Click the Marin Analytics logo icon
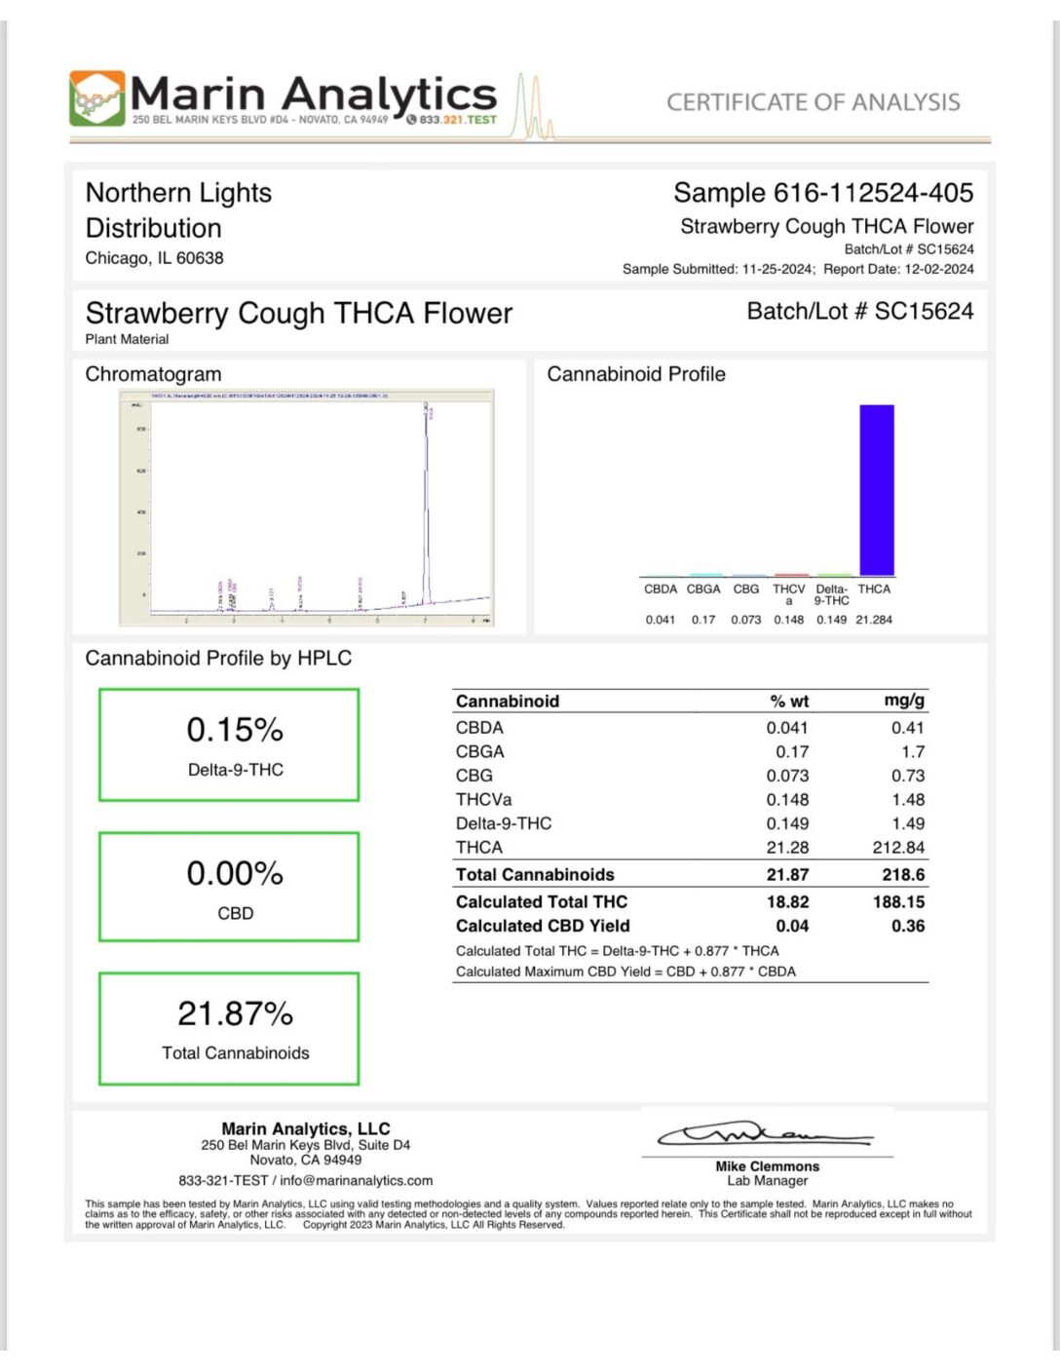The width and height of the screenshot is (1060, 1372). [96, 97]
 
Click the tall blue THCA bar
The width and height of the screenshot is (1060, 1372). [876, 489]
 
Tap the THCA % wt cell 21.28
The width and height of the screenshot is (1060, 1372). [787, 848]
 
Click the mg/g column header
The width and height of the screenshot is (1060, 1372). [904, 701]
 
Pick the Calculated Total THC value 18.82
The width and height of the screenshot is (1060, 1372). [787, 902]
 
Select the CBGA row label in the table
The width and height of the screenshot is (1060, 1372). [480, 752]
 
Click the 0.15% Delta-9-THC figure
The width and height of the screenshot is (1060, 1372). [235, 730]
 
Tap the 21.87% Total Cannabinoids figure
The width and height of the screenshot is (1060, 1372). [235, 1013]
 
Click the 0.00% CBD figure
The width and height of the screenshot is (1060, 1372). [235, 873]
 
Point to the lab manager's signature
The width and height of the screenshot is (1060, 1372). [766, 1134]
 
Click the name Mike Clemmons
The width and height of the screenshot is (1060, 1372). [768, 1166]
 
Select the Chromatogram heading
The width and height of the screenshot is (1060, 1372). [153, 374]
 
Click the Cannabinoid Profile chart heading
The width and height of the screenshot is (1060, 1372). [636, 374]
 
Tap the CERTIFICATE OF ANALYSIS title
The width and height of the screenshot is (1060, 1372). [813, 102]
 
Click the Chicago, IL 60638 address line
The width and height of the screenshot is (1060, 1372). [154, 258]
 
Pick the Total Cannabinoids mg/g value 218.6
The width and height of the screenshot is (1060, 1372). [903, 875]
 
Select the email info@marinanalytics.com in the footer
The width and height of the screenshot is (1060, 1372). [357, 1180]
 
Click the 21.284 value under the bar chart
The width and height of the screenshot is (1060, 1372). [874, 620]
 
